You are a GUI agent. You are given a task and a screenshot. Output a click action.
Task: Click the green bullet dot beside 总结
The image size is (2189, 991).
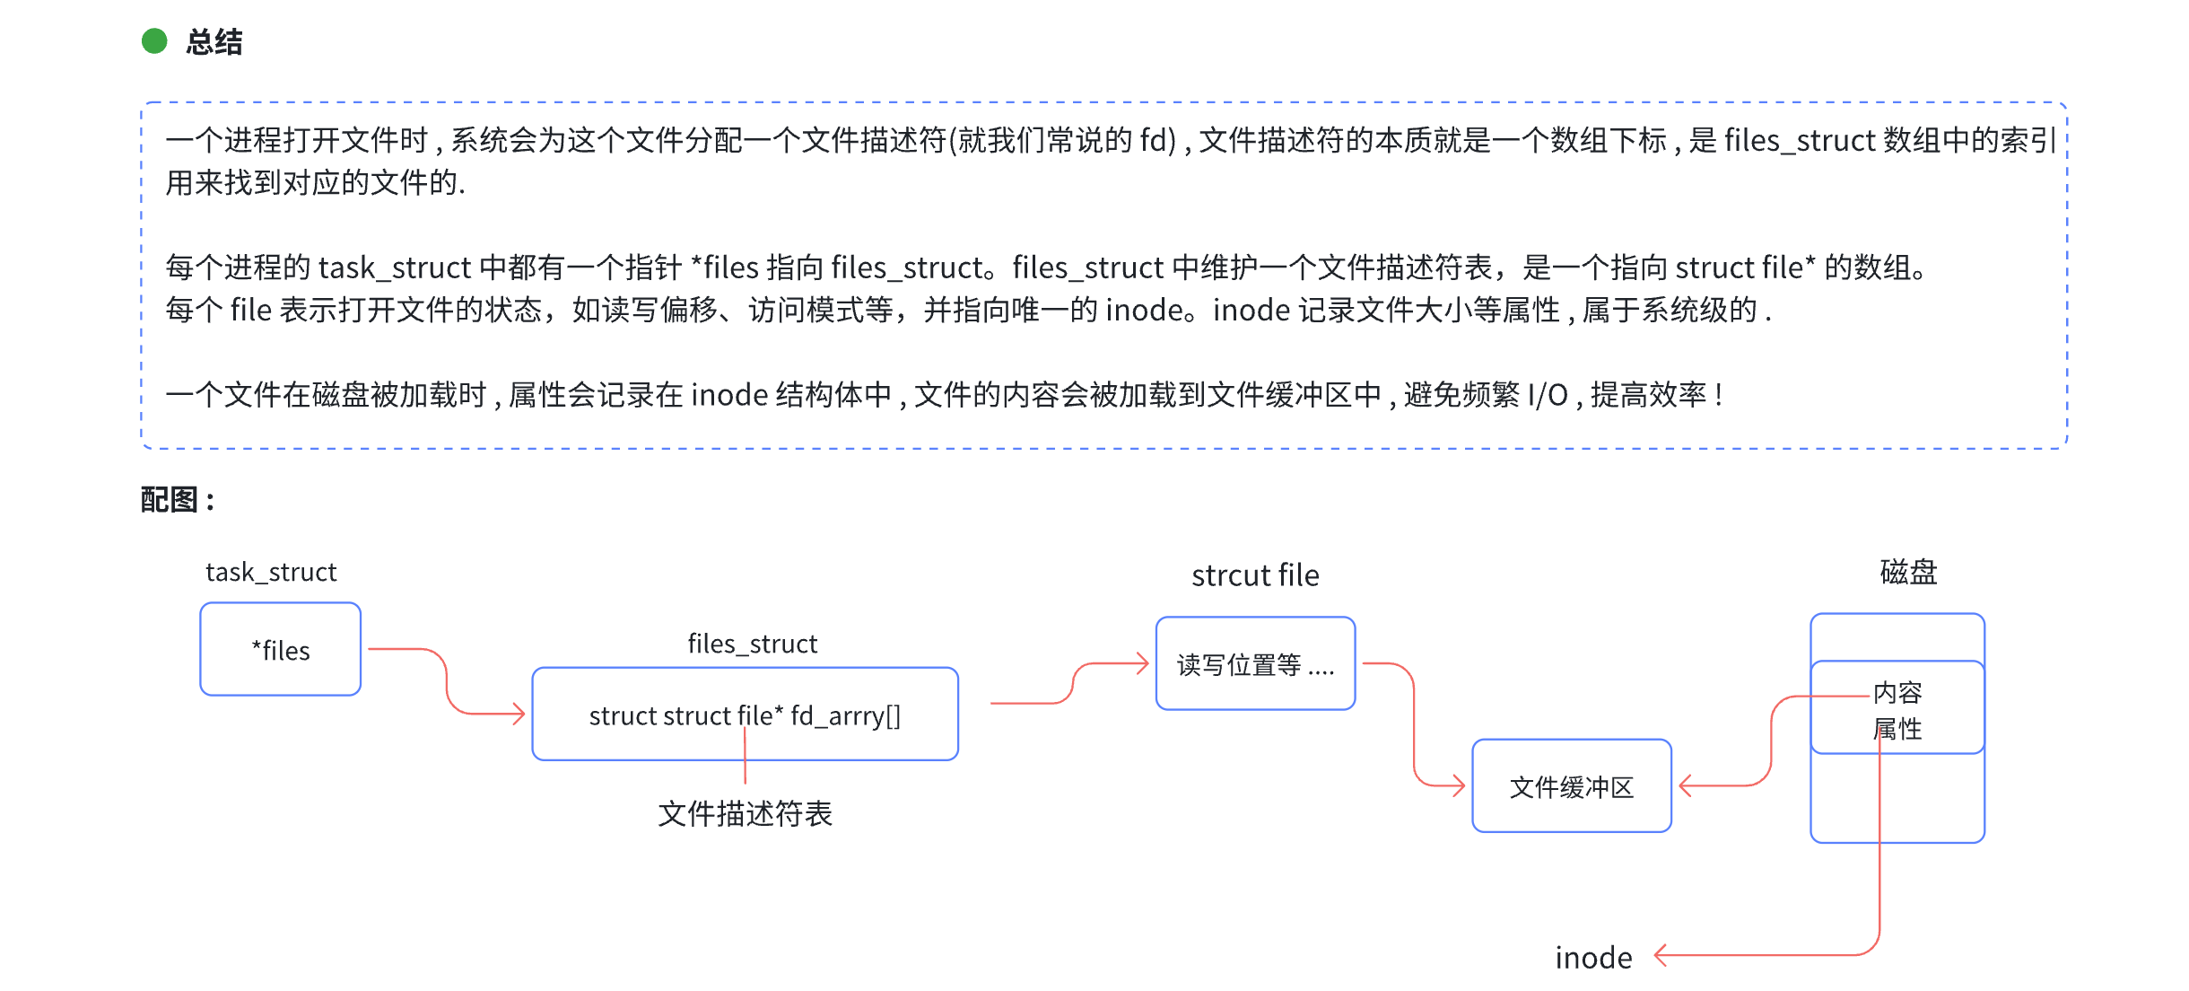coord(154,41)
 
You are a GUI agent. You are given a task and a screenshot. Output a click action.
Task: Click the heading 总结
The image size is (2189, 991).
coord(214,42)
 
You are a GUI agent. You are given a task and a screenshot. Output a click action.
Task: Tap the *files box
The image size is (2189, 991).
coord(281,649)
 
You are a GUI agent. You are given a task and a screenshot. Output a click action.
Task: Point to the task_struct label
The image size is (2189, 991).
coord(271,572)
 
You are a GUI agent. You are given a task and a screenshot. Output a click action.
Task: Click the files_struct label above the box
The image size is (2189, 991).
coord(752,644)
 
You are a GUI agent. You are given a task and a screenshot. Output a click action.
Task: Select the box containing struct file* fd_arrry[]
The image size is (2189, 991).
coord(745,715)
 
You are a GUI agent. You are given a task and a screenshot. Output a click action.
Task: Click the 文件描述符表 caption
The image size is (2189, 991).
coord(745,813)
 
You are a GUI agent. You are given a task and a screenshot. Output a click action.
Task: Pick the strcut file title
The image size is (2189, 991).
coord(1255,575)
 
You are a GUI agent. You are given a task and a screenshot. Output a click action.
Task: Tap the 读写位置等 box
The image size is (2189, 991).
coord(1255,664)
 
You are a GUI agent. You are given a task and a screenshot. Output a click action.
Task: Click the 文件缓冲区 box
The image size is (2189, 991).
coord(1572,786)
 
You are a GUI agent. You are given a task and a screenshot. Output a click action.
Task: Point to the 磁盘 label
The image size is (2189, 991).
coord(1908,572)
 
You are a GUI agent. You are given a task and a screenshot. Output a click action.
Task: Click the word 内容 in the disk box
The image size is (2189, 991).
coord(1897,692)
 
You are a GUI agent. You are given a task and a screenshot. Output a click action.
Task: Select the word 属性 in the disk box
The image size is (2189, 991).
coord(1897,729)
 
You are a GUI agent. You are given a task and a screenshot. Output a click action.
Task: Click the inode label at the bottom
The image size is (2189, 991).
coord(1593,958)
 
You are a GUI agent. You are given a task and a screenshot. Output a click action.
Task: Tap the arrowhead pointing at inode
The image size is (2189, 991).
coord(1660,955)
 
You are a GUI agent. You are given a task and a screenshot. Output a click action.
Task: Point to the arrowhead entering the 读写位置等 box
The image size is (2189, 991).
coord(1143,663)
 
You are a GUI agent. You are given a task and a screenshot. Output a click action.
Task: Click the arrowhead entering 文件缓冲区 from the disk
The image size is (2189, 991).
coord(1685,785)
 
